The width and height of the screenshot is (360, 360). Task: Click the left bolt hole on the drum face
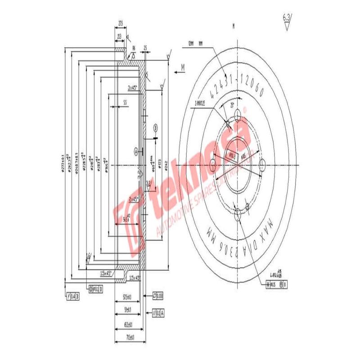(x=213, y=166)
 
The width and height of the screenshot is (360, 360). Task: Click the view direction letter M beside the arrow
(x=183, y=67)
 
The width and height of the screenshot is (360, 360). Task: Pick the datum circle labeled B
(x=155, y=127)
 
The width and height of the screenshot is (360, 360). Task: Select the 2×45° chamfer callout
(x=133, y=198)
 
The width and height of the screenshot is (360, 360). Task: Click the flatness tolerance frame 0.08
(x=158, y=296)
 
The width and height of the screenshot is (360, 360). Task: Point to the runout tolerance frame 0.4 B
(x=72, y=296)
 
